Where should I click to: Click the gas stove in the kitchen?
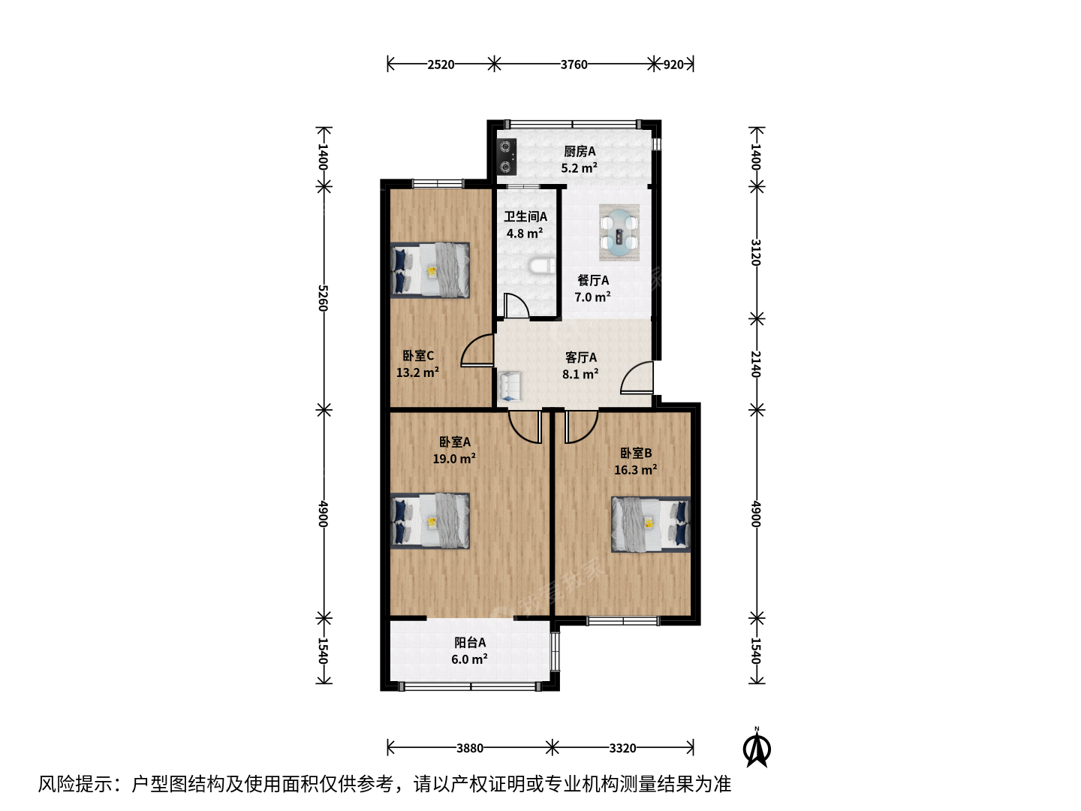tap(506, 157)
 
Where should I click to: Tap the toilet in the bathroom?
tap(541, 267)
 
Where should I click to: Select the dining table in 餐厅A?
tap(619, 233)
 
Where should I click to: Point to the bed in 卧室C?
tap(430, 270)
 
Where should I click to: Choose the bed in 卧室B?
tap(651, 524)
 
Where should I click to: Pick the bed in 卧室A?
tap(430, 521)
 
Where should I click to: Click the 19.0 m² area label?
tap(454, 459)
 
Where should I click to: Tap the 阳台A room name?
tap(470, 643)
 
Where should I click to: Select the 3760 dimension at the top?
tap(574, 65)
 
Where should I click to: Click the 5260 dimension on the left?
tap(323, 298)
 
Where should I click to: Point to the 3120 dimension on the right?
tap(756, 252)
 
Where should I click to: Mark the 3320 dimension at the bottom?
tap(622, 749)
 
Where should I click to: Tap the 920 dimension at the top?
tap(673, 65)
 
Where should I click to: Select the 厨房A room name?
tap(580, 151)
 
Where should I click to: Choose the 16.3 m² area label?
tap(635, 470)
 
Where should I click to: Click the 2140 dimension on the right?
tap(756, 364)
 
